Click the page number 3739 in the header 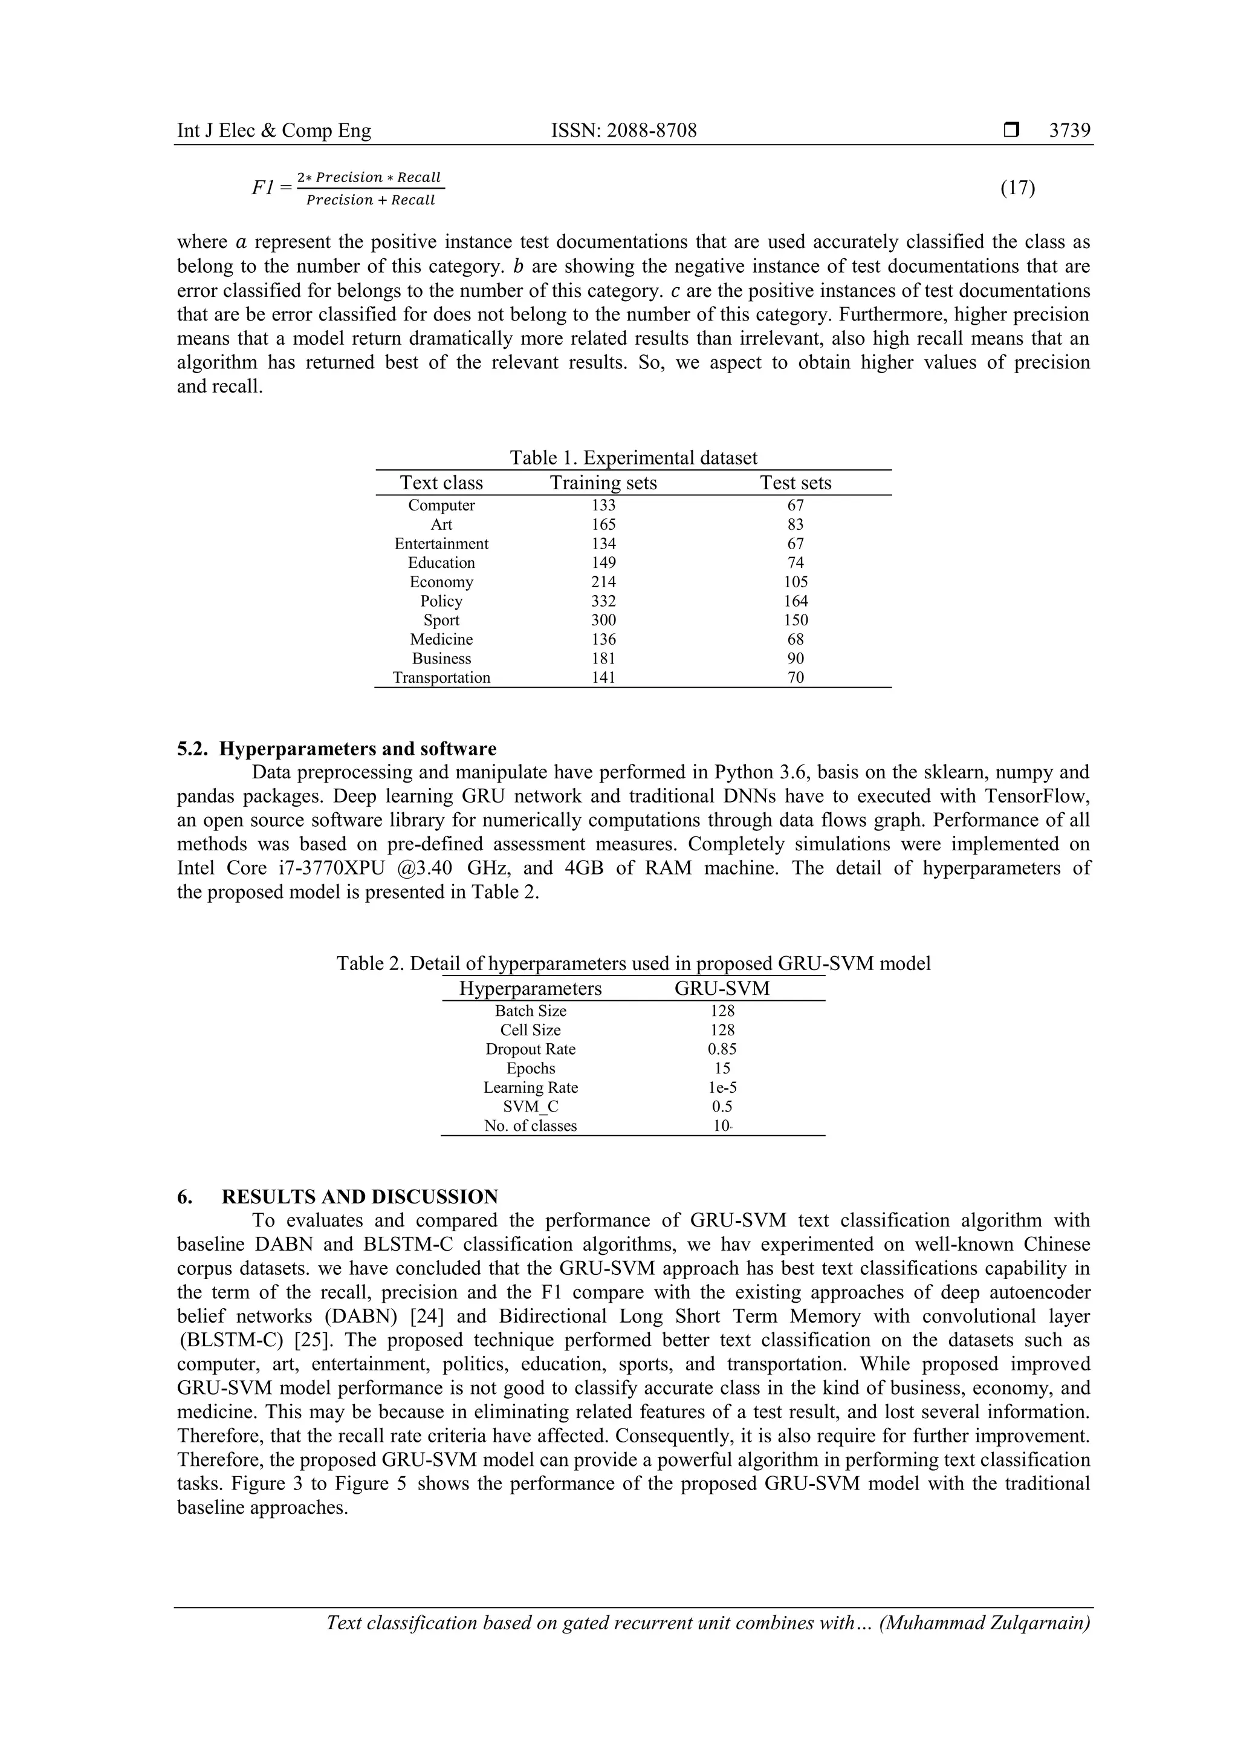point(1069,131)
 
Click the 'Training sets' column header point(603,483)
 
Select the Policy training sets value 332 point(603,601)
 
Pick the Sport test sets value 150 point(796,620)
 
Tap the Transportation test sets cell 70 point(796,677)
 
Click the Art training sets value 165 point(603,525)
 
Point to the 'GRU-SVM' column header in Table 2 point(722,989)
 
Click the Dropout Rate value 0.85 point(722,1049)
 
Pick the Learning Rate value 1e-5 point(722,1087)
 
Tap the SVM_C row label point(530,1107)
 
